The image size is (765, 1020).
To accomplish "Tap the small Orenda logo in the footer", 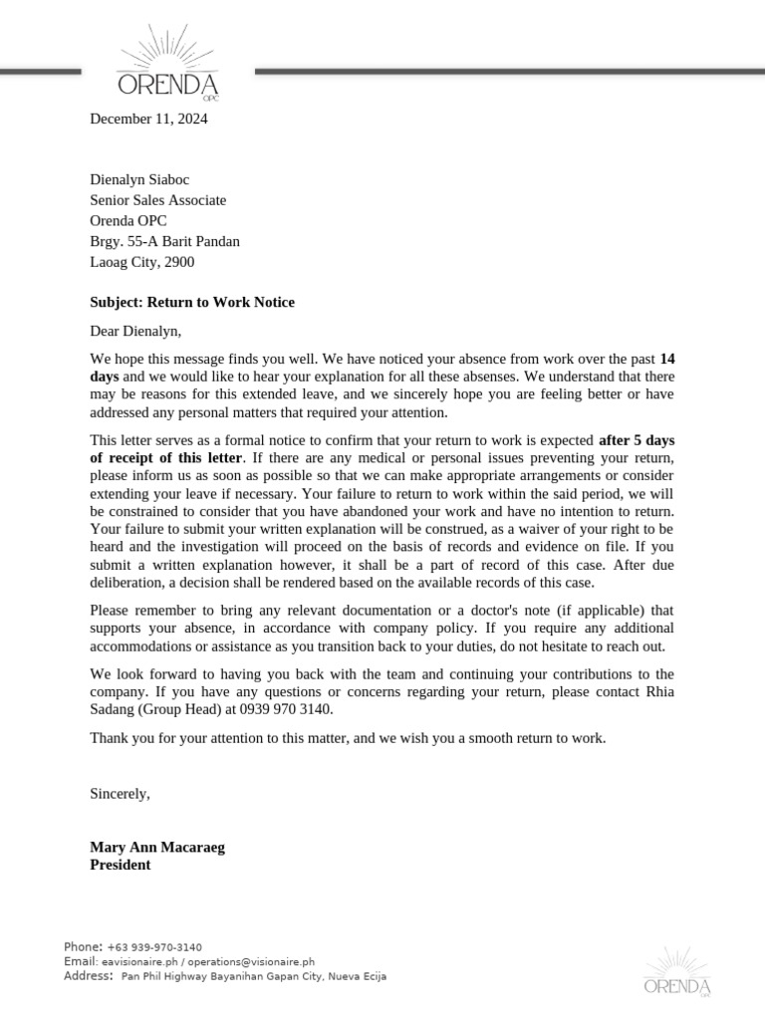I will [677, 971].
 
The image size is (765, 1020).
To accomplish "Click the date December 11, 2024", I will [149, 120].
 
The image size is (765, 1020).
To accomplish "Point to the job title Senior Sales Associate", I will [158, 200].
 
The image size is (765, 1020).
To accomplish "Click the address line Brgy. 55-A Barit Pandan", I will [164, 241].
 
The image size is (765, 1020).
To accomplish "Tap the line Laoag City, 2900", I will [142, 262].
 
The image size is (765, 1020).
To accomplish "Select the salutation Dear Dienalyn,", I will [136, 331].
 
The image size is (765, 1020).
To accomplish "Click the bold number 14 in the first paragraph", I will [667, 358].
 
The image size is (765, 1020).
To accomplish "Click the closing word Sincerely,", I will [120, 794].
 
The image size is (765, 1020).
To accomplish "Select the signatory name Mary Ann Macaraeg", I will [157, 847].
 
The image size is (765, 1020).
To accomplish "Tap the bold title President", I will [121, 865].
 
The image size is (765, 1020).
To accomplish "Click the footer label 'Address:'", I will [89, 976].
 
